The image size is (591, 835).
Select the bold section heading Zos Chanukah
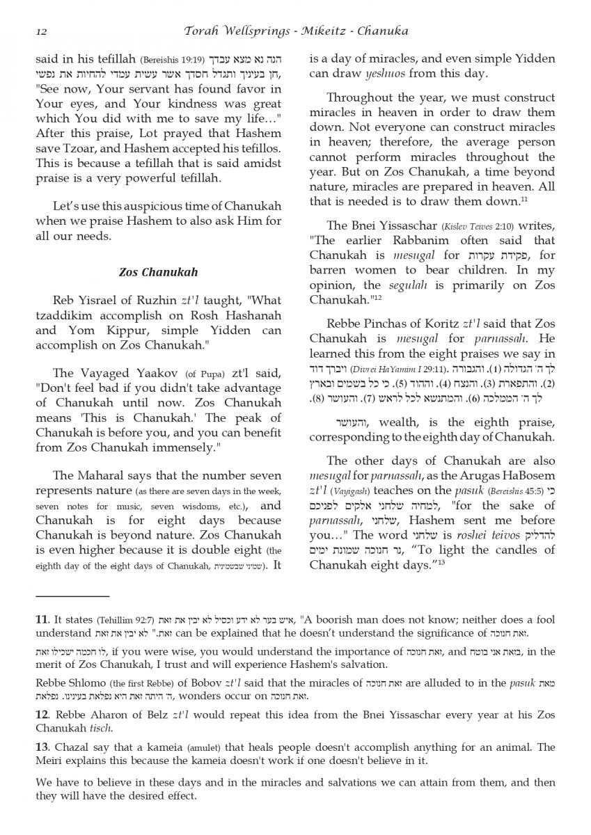158,272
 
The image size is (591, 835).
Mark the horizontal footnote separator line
72,597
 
